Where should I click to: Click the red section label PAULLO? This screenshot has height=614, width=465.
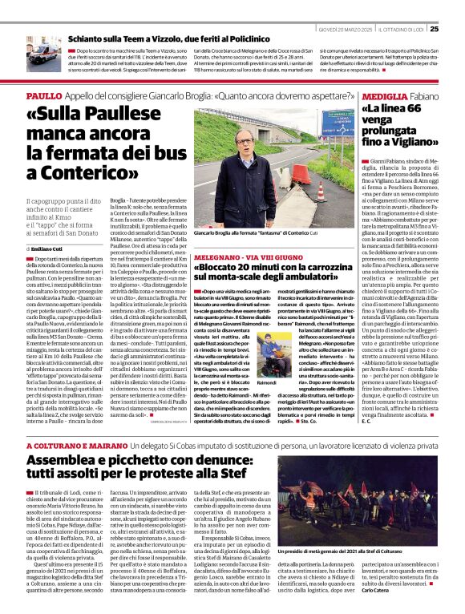tap(44, 95)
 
